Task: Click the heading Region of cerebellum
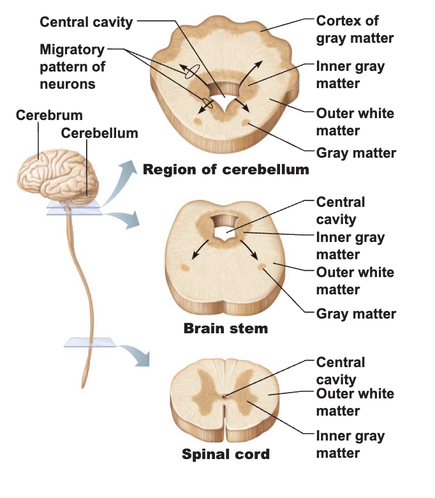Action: click(x=226, y=170)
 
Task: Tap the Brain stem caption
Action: click(x=226, y=328)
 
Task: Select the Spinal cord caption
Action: click(x=226, y=454)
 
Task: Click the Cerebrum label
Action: click(x=49, y=115)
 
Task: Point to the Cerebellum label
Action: click(x=100, y=133)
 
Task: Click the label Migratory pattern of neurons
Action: click(x=73, y=66)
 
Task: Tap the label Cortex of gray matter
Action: click(x=355, y=29)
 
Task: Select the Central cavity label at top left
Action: click(x=86, y=22)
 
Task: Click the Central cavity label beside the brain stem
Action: click(x=341, y=211)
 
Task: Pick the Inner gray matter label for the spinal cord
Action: click(x=351, y=444)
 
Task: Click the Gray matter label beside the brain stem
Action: click(x=356, y=313)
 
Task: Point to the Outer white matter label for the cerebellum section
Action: click(x=355, y=122)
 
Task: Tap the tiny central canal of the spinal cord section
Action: click(x=225, y=396)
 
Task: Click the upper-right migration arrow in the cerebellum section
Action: click(x=252, y=72)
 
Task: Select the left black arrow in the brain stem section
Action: click(x=200, y=250)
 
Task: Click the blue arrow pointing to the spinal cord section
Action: click(x=134, y=355)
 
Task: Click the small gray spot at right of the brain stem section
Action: click(x=262, y=266)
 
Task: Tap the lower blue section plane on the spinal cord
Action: click(x=90, y=342)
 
